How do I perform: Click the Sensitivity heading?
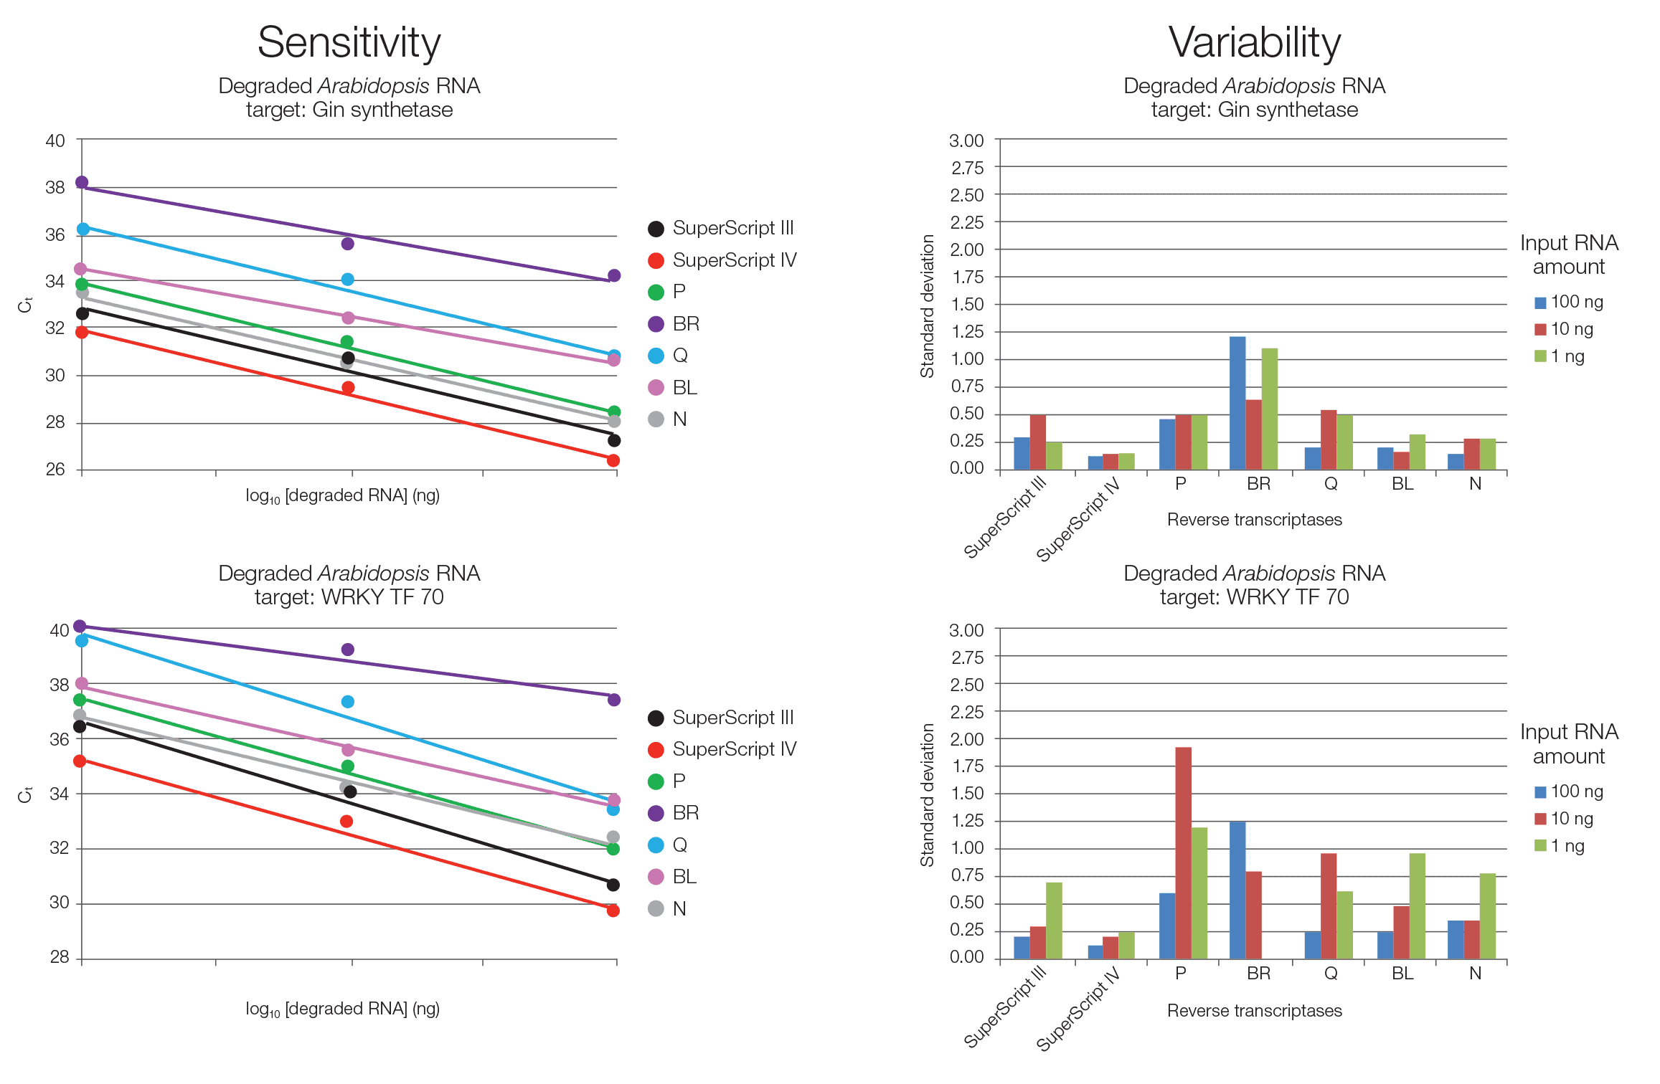click(x=349, y=43)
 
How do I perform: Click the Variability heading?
click(x=1254, y=43)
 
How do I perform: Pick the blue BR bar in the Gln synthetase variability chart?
click(x=1237, y=402)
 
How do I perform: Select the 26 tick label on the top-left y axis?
click(x=56, y=469)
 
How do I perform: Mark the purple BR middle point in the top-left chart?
click(x=348, y=244)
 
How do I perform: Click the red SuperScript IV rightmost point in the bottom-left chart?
click(x=613, y=911)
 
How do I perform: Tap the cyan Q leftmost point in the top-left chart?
click(x=83, y=229)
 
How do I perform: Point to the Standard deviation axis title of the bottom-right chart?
click(x=927, y=794)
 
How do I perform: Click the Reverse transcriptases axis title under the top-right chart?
click(x=1254, y=519)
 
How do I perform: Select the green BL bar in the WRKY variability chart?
click(x=1417, y=905)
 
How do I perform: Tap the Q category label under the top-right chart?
click(x=1331, y=484)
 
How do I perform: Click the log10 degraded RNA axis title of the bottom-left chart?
click(x=342, y=1009)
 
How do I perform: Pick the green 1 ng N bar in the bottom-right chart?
click(x=1487, y=916)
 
